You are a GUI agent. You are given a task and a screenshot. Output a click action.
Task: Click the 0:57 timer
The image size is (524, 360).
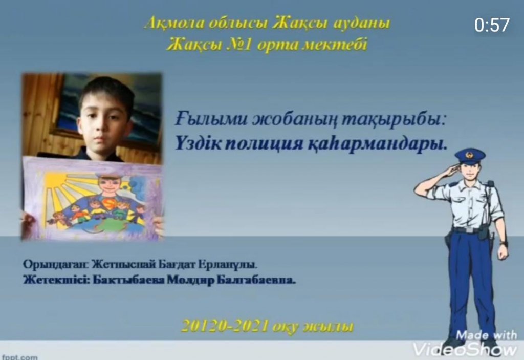492,25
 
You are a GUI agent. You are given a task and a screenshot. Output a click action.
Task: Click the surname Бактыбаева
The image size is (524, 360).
128,280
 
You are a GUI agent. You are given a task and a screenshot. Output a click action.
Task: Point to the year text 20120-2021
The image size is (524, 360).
226,326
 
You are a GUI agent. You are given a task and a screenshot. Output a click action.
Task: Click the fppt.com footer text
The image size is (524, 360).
20,357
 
